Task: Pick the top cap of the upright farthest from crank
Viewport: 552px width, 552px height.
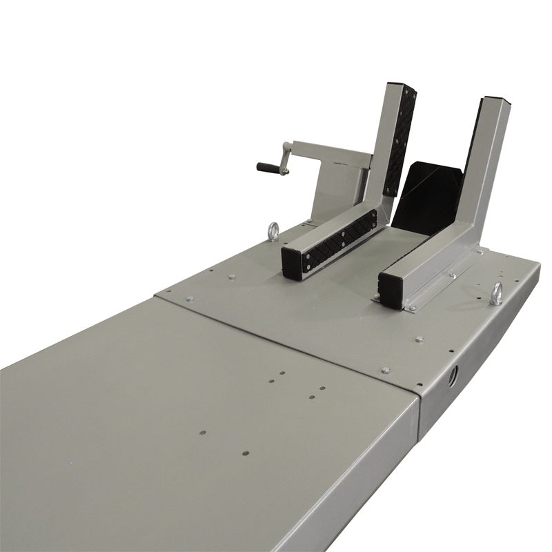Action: [x=493, y=101]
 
